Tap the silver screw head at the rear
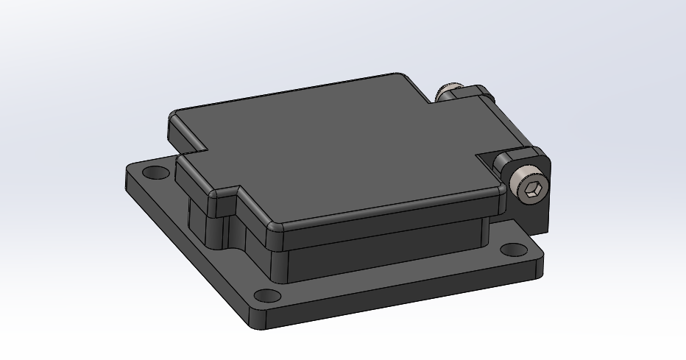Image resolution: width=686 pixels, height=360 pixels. [x=447, y=93]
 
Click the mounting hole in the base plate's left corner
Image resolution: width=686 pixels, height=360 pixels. [x=154, y=174]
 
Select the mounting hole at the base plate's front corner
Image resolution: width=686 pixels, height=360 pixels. [x=271, y=297]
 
